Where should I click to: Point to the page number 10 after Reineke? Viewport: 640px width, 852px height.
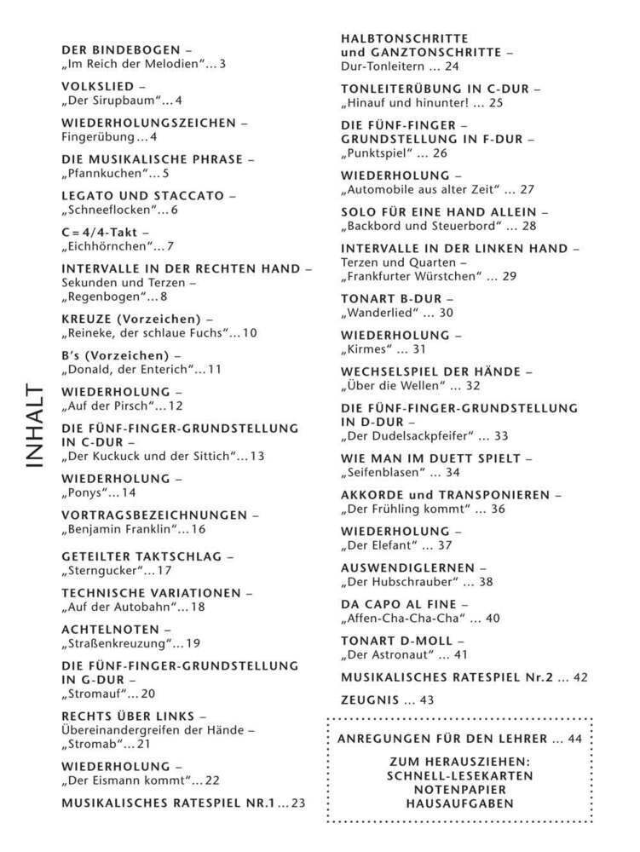coord(249,332)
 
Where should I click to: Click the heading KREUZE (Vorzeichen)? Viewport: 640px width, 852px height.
coord(131,319)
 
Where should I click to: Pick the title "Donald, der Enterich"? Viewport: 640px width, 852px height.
coord(128,369)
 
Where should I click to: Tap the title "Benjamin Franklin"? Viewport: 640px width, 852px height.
coord(118,529)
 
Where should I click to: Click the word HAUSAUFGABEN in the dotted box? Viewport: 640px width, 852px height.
coord(459,803)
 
